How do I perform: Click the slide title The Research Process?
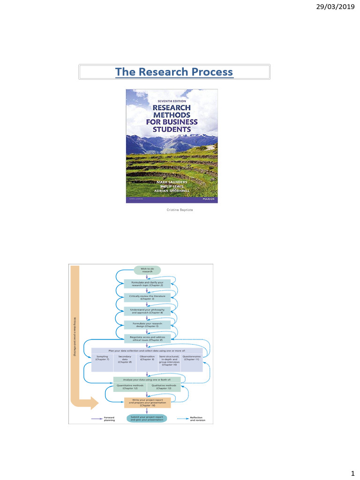pos(174,72)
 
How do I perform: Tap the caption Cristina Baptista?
pos(180,210)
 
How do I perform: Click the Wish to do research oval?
pos(147,270)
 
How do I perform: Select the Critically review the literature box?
pos(147,297)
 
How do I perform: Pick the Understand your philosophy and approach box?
pos(147,311)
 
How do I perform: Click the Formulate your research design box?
pos(147,324)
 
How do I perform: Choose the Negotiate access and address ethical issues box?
pos(147,338)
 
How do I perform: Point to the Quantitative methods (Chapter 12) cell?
pos(130,387)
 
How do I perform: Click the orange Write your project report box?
pos(147,403)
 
